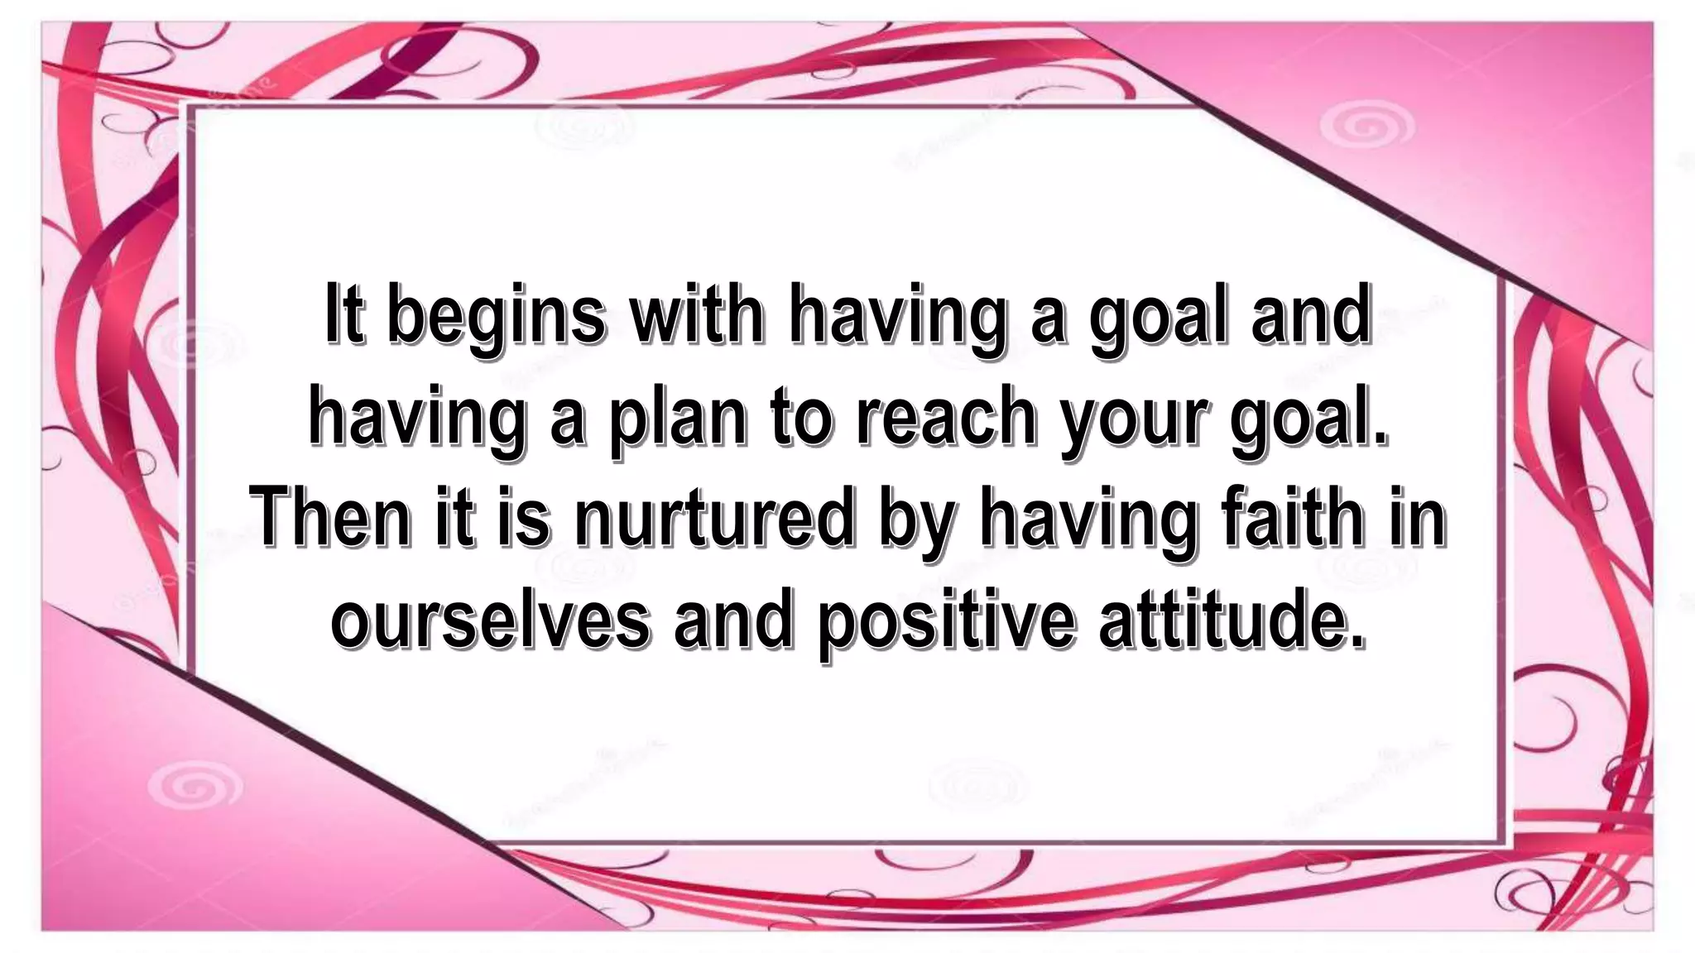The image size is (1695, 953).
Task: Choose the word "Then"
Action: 330,517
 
